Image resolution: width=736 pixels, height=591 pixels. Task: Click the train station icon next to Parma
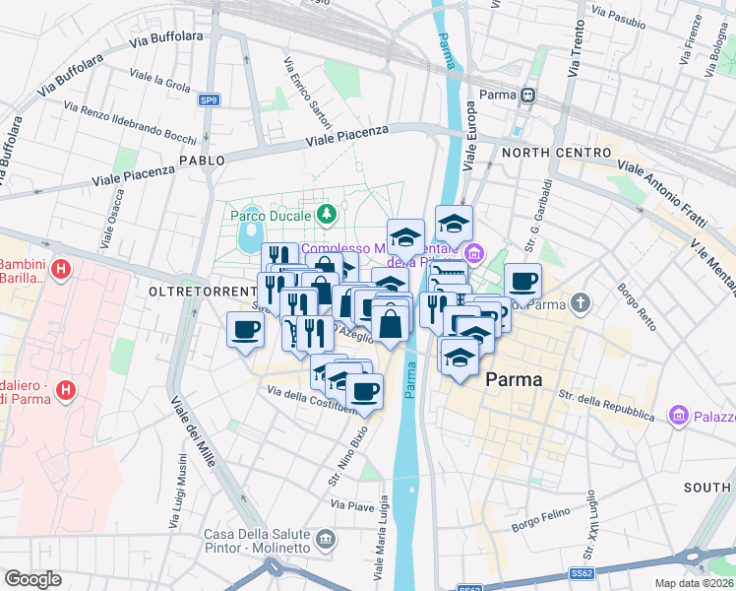528,96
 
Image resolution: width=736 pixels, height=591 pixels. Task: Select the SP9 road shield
209,99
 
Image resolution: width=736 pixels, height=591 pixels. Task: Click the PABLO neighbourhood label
202,160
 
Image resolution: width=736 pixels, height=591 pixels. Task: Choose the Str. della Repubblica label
606,406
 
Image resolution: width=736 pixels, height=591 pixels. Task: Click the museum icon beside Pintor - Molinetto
326,540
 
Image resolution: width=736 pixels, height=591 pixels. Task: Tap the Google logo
32,579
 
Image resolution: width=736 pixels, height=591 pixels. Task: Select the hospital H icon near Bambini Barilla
61,268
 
